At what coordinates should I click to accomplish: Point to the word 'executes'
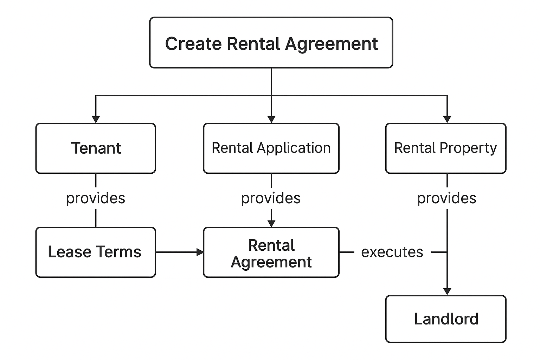click(x=392, y=252)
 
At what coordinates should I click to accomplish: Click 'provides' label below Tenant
click(x=96, y=198)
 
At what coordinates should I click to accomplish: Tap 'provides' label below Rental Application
click(x=271, y=198)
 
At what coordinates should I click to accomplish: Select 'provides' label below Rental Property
click(x=446, y=198)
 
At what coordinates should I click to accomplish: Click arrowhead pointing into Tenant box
click(x=96, y=119)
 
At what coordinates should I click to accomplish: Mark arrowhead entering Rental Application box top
click(x=271, y=119)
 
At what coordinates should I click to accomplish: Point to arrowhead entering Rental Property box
click(x=447, y=119)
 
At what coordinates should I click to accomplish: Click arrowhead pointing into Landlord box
click(x=447, y=291)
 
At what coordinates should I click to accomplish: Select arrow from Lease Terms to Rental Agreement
click(x=179, y=252)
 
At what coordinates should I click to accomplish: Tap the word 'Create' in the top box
click(x=193, y=44)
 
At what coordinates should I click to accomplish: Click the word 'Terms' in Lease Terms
click(x=118, y=252)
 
